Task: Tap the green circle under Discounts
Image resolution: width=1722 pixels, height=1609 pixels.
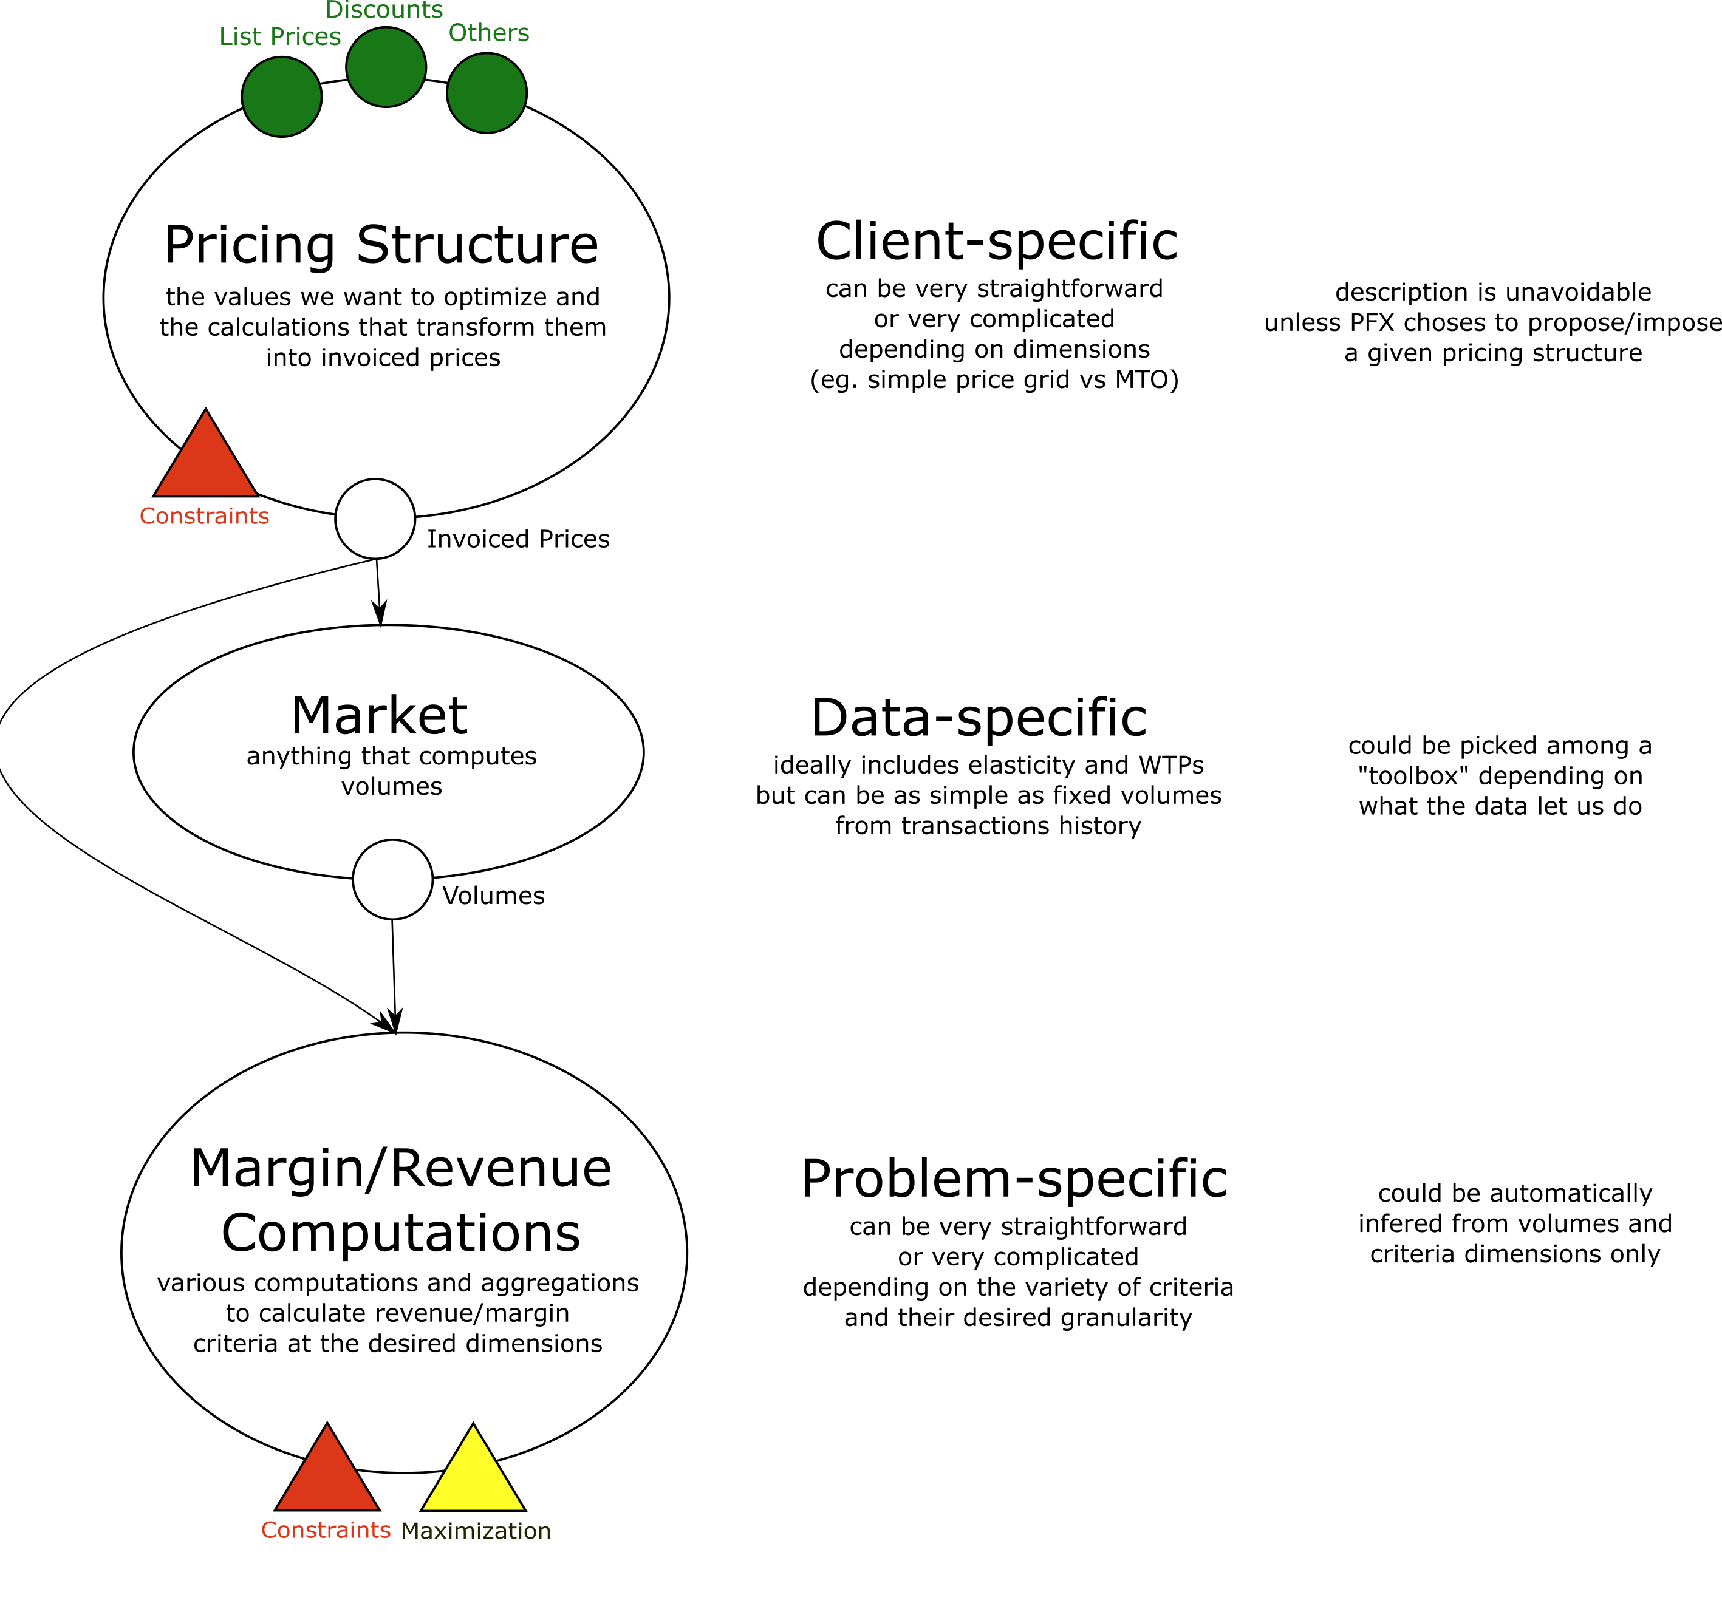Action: pos(386,67)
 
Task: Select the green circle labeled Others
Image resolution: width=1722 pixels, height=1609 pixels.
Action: pos(487,94)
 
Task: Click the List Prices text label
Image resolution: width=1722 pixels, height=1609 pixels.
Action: pos(280,36)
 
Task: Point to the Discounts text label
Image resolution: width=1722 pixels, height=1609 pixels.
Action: pos(384,10)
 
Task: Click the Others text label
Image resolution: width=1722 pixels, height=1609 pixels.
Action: pos(488,33)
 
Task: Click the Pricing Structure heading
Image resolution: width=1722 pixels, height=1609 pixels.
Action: pos(381,245)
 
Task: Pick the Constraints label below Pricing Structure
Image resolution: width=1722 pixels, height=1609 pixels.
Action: pos(205,516)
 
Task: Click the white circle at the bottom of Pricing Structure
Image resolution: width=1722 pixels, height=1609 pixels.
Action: pos(375,519)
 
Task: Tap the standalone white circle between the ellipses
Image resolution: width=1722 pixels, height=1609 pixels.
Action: pos(392,879)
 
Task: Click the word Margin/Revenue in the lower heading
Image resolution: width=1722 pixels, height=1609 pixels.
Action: pos(400,1168)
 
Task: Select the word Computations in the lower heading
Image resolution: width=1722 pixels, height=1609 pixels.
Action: pos(400,1233)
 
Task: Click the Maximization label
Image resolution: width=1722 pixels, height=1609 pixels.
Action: pos(476,1531)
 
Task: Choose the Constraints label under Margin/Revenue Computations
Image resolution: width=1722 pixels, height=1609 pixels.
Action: pos(326,1530)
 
